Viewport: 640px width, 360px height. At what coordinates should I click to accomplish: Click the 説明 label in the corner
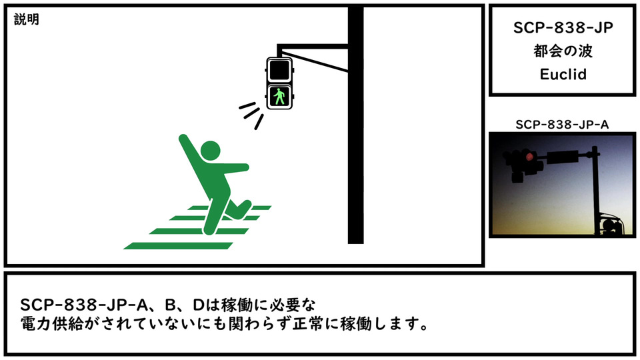(27, 19)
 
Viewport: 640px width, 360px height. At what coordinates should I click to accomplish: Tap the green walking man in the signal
(279, 97)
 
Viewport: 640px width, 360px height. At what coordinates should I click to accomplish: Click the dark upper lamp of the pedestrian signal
(279, 70)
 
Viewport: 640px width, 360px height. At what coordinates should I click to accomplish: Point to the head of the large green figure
(210, 151)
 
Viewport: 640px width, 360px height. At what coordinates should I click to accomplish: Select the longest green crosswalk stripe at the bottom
(178, 246)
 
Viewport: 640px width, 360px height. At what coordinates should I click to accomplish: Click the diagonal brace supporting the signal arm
(315, 61)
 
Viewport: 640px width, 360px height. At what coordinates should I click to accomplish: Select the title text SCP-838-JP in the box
(563, 28)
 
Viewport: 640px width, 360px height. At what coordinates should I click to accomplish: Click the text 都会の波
(563, 51)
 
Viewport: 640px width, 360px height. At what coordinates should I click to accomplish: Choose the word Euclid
(563, 74)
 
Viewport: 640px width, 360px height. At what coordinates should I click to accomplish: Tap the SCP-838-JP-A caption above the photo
(562, 125)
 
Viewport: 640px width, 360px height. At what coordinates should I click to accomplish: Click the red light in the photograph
(529, 157)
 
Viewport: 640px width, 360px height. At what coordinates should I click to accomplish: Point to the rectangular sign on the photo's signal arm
(563, 157)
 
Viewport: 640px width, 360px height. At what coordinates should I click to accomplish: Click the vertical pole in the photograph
(596, 191)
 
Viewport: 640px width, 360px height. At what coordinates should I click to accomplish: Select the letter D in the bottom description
(198, 305)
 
